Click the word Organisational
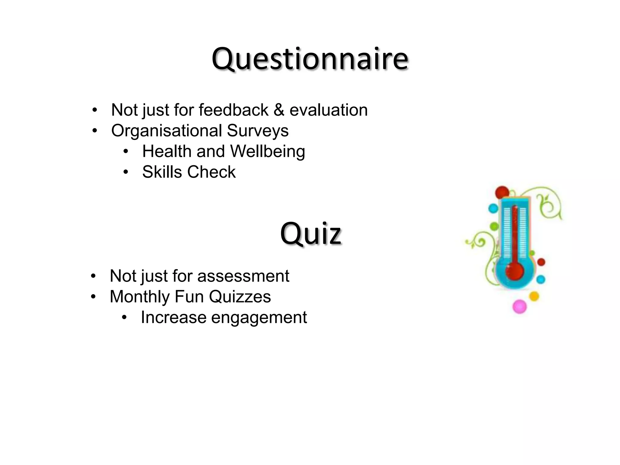coord(167,130)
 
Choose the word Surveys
coord(258,131)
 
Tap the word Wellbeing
coord(267,151)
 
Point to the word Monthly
coord(140,297)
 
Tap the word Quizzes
coord(240,297)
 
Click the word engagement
coord(259,318)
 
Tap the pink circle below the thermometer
coord(519,306)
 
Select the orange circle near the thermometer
coord(534,296)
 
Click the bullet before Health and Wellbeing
coord(126,151)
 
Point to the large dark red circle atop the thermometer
coord(502,193)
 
